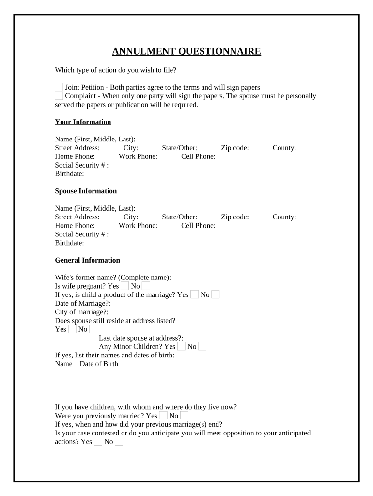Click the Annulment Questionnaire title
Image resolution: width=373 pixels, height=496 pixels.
pyautogui.click(x=186, y=52)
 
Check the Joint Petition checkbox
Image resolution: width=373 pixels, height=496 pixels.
pyautogui.click(x=59, y=87)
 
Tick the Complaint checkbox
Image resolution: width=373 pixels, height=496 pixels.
pyautogui.click(x=59, y=95)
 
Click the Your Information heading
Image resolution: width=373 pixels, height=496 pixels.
pyautogui.click(x=83, y=122)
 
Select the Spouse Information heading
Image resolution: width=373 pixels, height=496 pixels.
pyautogui.click(x=86, y=191)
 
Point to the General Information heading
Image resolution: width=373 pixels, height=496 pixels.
pyautogui.click(x=87, y=260)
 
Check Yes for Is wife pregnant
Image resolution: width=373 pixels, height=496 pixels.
pyautogui.click(x=125, y=286)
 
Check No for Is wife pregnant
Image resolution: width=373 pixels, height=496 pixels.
pyautogui.click(x=146, y=286)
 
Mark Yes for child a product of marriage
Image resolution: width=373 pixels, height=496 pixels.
pyautogui.click(x=194, y=294)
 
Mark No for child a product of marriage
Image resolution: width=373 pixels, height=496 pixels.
pyautogui.click(x=216, y=294)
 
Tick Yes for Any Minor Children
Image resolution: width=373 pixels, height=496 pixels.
pyautogui.click(x=181, y=346)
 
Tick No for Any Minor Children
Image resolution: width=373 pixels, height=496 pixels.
pyautogui.click(x=202, y=346)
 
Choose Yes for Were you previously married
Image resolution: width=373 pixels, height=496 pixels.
pyautogui.click(x=163, y=416)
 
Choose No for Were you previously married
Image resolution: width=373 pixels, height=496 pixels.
pyautogui.click(x=184, y=416)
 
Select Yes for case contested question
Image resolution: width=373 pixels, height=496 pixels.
pyautogui.click(x=98, y=442)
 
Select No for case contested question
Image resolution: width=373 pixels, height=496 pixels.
pyautogui.click(x=119, y=442)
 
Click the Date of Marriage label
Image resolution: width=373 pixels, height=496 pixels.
pyautogui.click(x=83, y=303)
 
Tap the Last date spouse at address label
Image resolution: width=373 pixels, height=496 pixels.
pyautogui.click(x=141, y=338)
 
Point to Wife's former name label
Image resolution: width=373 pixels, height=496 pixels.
pyautogui.click(x=113, y=278)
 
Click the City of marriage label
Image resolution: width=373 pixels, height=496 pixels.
pyautogui.click(x=82, y=312)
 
